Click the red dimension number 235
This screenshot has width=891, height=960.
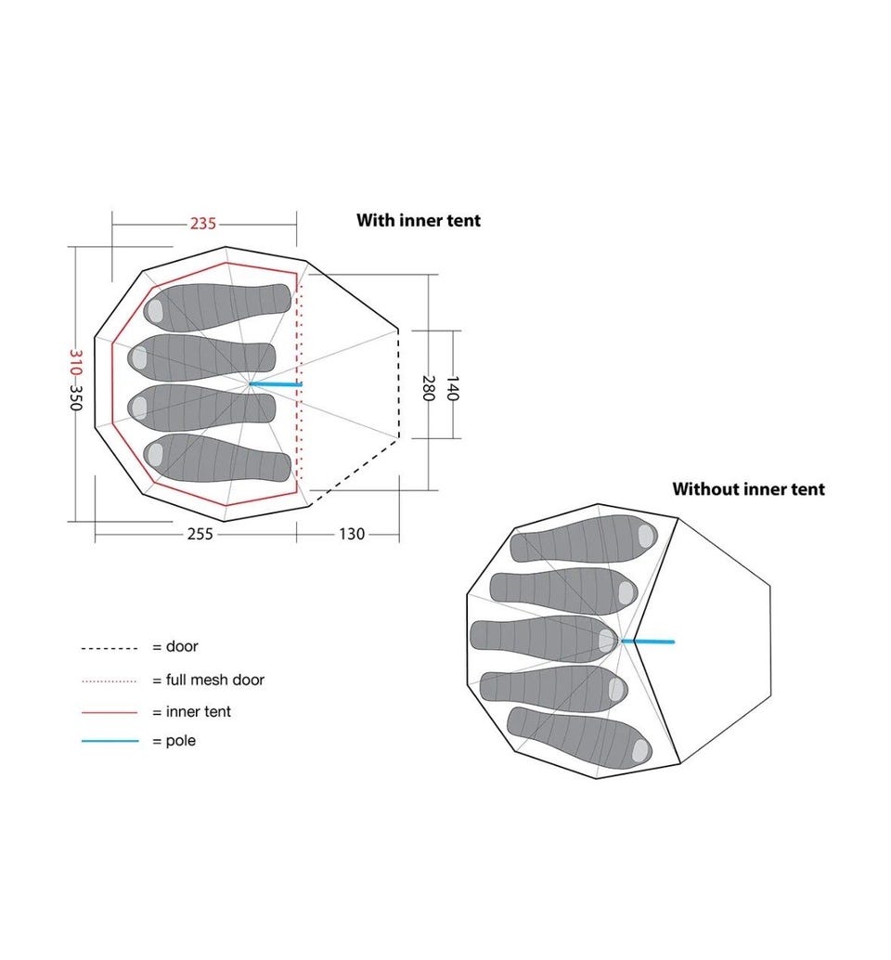point(202,224)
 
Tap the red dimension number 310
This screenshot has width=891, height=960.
point(76,361)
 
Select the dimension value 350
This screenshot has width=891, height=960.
point(76,398)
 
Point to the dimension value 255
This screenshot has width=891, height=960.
point(200,534)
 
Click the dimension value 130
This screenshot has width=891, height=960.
point(352,534)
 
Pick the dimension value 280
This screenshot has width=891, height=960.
point(429,388)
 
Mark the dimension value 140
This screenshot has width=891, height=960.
point(452,388)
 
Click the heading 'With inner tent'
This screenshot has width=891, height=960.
point(419,220)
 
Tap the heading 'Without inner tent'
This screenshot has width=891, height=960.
point(748,489)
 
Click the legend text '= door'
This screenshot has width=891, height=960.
point(175,646)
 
